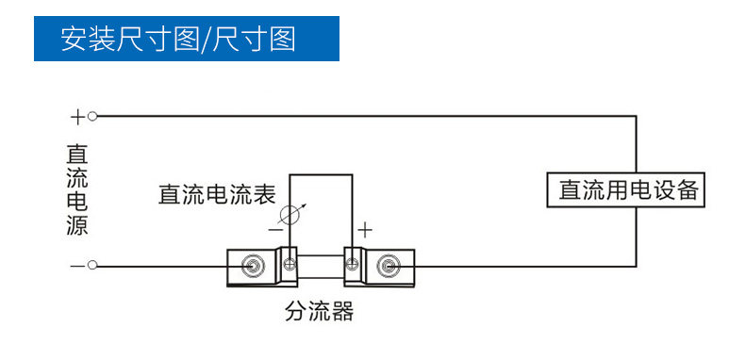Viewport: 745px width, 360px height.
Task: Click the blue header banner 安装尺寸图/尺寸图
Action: [x=187, y=39]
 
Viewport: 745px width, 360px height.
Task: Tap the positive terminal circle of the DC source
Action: [x=92, y=116]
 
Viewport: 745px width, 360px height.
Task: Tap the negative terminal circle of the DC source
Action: [x=92, y=266]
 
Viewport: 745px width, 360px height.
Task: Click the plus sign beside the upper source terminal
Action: [x=77, y=116]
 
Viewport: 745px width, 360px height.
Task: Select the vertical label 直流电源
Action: [x=77, y=190]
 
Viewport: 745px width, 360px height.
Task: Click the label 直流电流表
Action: [x=217, y=194]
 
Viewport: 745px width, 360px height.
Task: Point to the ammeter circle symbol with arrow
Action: [x=290, y=215]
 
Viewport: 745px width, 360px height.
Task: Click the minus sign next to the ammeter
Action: [x=275, y=230]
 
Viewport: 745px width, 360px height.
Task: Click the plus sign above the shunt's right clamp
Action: [x=365, y=230]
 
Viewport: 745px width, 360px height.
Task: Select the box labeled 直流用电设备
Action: [x=626, y=189]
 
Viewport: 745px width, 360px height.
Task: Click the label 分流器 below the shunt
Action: [x=320, y=312]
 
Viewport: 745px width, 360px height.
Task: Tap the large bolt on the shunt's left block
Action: [x=251, y=266]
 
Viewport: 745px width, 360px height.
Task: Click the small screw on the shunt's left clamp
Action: [x=290, y=264]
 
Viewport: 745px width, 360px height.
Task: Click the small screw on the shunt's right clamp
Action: [x=352, y=264]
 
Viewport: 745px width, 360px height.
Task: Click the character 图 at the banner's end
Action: [x=283, y=39]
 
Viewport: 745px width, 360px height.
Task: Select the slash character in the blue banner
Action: [x=206, y=39]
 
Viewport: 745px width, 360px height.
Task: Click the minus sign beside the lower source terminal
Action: [x=77, y=266]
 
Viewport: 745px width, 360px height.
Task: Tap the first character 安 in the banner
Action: [x=74, y=39]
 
